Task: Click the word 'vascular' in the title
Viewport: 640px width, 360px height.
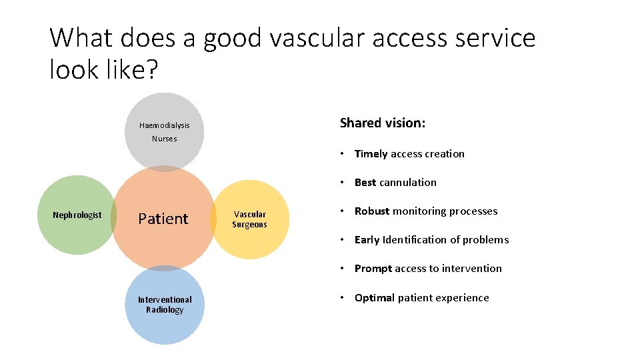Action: [317, 38]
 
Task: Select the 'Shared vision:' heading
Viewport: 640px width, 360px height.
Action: [383, 123]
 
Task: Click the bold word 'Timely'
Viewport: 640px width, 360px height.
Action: [371, 154]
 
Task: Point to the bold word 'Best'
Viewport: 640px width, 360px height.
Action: [365, 183]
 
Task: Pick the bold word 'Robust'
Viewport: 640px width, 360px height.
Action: [372, 211]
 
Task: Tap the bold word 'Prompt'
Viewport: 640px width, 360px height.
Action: [373, 269]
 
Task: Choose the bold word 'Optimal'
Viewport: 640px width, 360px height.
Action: [375, 298]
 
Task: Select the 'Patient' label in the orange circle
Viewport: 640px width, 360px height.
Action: [163, 219]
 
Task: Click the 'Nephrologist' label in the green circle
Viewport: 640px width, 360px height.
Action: [77, 215]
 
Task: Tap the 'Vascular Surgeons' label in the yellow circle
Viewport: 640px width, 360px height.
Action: [249, 219]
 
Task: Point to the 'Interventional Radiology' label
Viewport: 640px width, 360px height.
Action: [165, 305]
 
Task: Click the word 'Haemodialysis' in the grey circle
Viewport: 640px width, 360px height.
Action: [165, 125]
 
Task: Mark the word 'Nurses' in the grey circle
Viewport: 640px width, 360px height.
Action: [165, 139]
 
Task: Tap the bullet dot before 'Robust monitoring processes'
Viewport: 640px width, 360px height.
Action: [341, 211]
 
